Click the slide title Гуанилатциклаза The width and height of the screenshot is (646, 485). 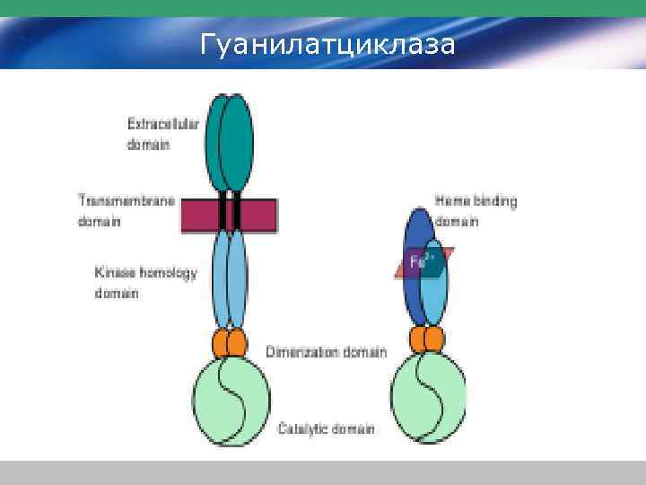click(x=327, y=42)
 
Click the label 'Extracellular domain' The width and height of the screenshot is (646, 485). click(x=150, y=134)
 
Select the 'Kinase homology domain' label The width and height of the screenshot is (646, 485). click(x=145, y=282)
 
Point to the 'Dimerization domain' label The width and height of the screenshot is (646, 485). click(x=326, y=351)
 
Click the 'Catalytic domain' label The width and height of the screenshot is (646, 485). click(x=326, y=428)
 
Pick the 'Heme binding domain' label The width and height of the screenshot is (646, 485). click(x=476, y=210)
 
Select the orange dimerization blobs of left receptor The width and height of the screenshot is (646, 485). click(x=230, y=342)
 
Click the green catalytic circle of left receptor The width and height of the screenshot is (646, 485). click(x=231, y=399)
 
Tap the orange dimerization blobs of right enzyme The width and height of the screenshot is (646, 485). click(x=427, y=339)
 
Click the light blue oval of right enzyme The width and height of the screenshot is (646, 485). click(x=435, y=287)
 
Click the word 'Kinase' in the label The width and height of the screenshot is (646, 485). click(x=114, y=272)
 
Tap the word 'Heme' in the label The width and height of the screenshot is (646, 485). click(x=450, y=201)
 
